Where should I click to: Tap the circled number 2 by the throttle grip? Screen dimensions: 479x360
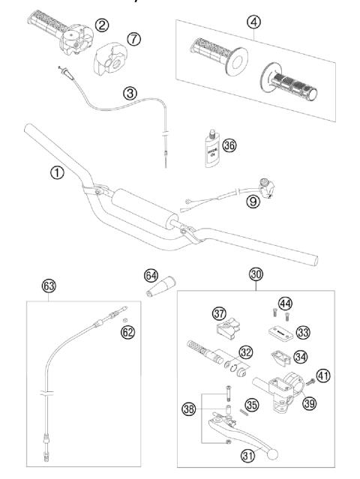(101, 27)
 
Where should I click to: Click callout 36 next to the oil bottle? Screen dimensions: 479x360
(229, 145)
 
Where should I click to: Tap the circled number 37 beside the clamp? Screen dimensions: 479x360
(198, 312)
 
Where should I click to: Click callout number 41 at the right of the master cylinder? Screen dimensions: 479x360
(324, 377)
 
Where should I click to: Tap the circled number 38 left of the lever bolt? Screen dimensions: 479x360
(190, 409)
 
